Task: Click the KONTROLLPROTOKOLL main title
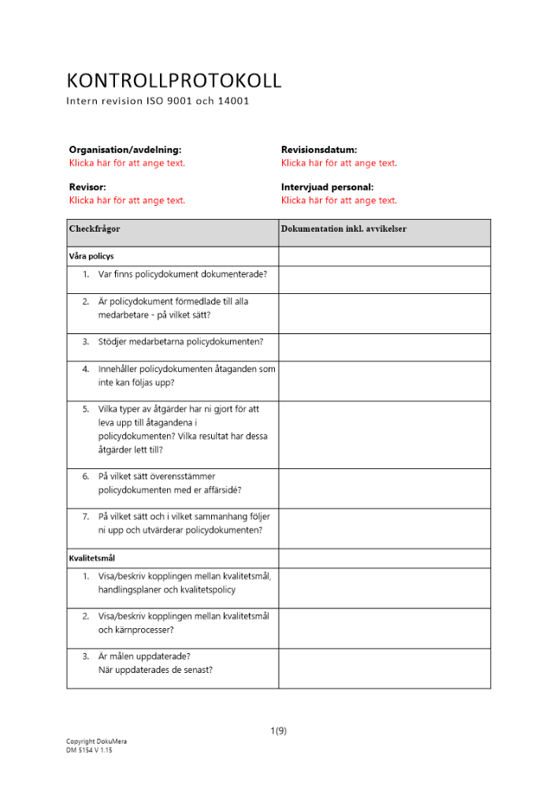click(174, 80)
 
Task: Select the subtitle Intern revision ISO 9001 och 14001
click(158, 101)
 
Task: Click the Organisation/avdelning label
click(124, 149)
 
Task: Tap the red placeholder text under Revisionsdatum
click(339, 163)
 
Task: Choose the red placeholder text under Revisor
click(127, 200)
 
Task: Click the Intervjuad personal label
click(327, 187)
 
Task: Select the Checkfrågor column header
click(95, 229)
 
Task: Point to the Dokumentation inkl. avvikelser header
click(343, 229)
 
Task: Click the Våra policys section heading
click(92, 256)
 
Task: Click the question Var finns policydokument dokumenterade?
click(182, 274)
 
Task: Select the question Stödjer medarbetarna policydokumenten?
click(180, 341)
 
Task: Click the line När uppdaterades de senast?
click(154, 671)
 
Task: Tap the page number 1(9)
click(278, 730)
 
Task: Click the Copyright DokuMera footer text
click(96, 742)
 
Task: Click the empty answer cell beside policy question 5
click(384, 430)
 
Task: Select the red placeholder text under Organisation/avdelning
click(127, 163)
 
